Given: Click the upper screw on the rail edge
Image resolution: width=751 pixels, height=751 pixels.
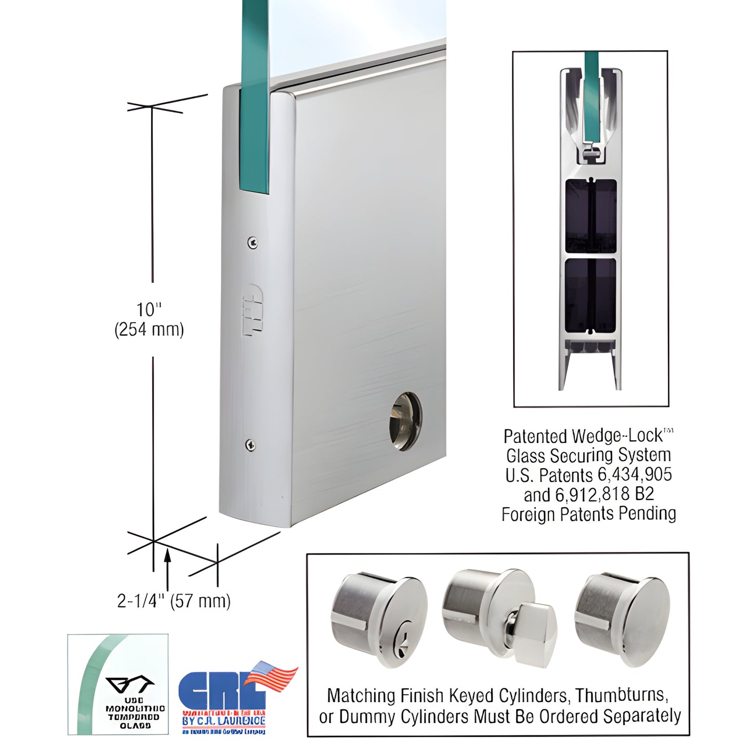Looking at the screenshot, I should point(253,242).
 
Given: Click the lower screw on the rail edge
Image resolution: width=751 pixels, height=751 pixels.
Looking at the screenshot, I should point(251,444).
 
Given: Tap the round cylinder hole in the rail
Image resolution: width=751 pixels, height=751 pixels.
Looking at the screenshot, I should point(405,421).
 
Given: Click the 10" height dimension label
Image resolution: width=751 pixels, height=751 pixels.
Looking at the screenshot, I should point(149,310).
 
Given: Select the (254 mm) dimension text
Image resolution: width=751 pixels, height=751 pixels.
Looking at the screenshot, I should point(149,330).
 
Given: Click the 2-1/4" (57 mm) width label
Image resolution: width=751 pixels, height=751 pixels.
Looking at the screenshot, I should point(174,601).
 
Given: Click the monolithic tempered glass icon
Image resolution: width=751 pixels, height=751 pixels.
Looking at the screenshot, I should point(118,684).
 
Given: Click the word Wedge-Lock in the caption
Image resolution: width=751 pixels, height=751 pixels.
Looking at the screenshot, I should point(617,436).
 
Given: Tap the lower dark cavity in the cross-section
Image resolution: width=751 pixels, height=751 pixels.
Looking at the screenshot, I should point(590,294).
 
